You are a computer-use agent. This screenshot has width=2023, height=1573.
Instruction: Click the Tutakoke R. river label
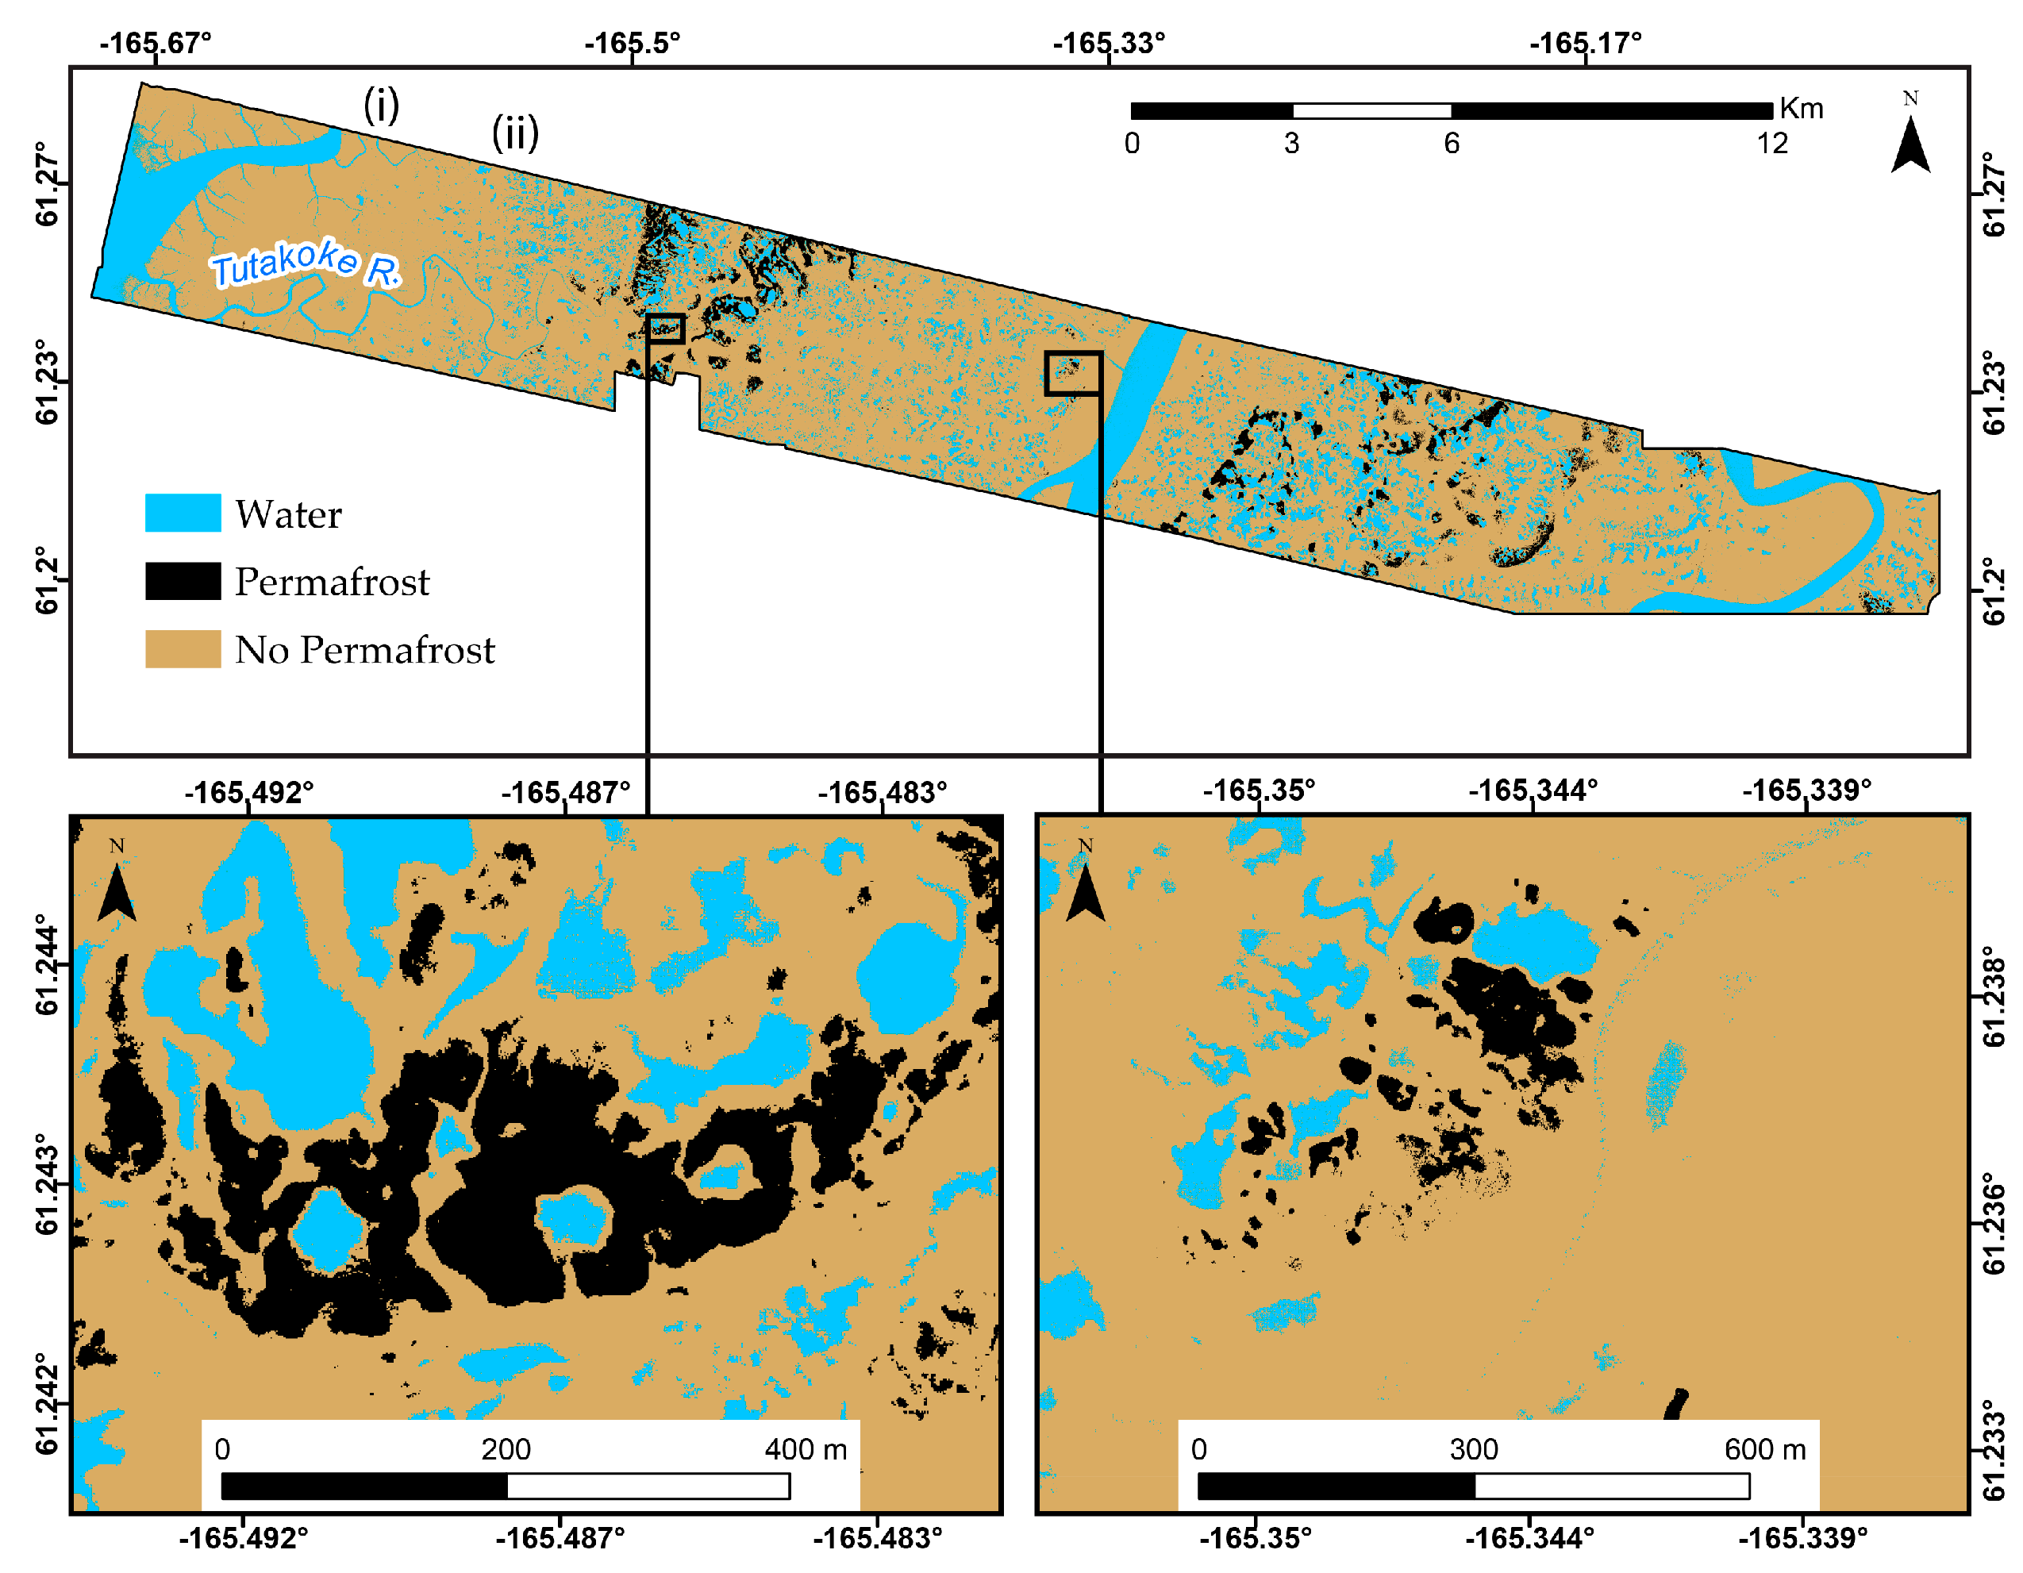306,263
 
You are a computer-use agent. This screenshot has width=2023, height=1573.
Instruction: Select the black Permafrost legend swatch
183,581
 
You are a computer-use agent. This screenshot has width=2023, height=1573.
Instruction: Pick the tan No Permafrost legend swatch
183,648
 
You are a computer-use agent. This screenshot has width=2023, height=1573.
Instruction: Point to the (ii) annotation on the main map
515,133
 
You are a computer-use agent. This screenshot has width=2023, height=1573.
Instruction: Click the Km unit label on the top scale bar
1801,109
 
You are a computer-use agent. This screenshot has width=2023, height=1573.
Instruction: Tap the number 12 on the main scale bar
1772,144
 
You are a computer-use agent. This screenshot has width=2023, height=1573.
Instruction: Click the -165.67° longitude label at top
156,43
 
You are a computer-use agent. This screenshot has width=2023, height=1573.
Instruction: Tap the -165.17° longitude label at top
1586,43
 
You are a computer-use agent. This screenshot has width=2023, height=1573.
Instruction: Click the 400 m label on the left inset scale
805,1449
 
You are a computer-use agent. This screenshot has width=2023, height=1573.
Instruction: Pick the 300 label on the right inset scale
1473,1449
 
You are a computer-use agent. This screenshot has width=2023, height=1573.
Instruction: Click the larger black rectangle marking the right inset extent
1073,373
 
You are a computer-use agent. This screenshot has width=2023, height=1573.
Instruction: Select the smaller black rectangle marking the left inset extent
665,329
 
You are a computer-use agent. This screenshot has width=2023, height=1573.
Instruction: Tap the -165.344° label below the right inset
1529,1538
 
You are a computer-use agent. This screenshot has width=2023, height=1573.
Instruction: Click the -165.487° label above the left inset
565,793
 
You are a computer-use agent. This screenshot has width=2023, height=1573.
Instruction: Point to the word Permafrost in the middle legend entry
332,582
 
